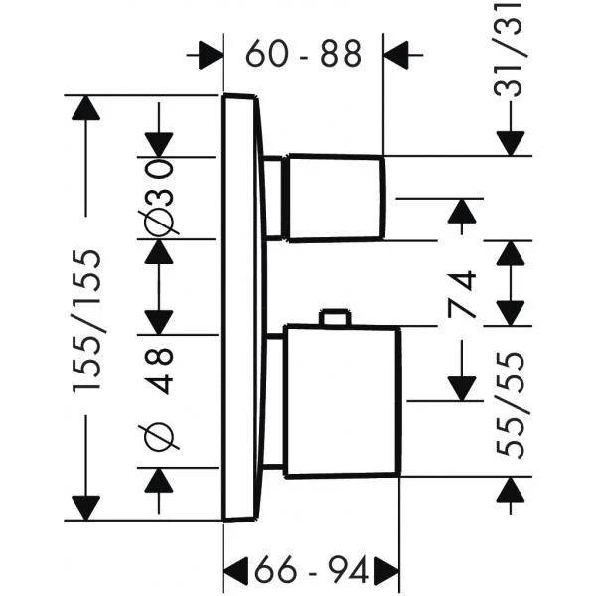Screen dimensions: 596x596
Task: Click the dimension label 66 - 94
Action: [311, 569]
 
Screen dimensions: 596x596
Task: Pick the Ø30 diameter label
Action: [162, 197]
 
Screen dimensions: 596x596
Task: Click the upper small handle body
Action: [335, 198]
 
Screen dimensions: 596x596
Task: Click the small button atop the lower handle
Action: [334, 318]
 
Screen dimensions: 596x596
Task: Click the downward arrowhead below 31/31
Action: [512, 140]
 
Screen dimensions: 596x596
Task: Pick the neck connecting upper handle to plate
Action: [275, 198]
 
